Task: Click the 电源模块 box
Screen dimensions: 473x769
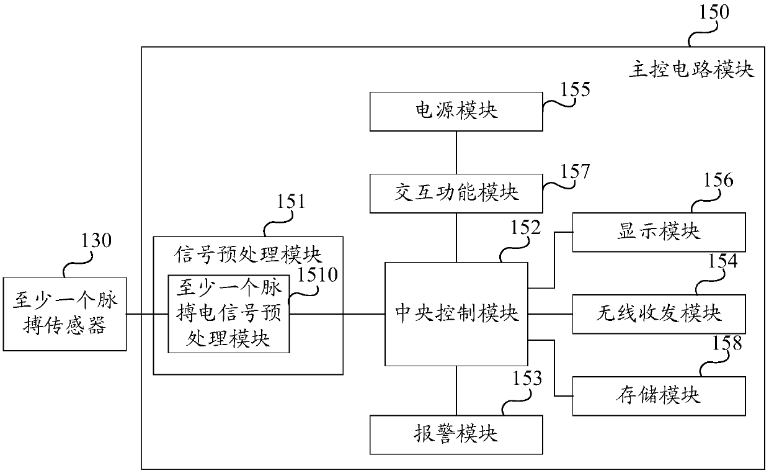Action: coord(456,111)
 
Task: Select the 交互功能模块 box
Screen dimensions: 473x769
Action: coord(456,193)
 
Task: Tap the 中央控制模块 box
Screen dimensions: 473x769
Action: coord(456,313)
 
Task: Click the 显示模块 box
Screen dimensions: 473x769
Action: coord(659,232)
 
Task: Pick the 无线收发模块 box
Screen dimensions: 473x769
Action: coord(659,313)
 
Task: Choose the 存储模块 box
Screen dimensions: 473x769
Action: coord(659,395)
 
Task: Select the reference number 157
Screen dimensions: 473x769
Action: coord(576,171)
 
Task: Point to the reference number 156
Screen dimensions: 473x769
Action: coord(718,181)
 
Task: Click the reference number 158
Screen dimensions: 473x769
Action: coord(726,343)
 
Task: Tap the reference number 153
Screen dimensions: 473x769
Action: coord(527,378)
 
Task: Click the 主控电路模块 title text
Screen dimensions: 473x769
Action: coord(691,70)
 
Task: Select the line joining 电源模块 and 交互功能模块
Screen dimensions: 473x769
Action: coord(456,152)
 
